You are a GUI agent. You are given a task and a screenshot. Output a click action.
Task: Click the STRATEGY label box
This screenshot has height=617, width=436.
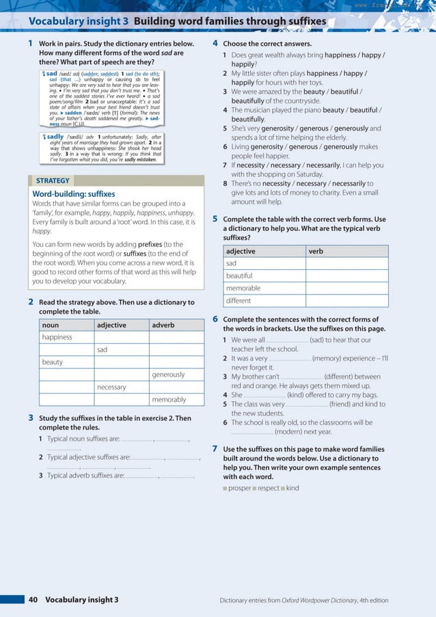point(53,181)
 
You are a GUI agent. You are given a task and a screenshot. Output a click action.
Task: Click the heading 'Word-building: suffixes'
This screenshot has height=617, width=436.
point(74,194)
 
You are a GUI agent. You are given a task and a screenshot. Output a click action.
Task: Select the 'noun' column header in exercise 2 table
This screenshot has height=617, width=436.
point(51,325)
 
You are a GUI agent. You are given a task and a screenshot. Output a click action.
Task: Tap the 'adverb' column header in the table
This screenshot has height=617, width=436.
point(163,325)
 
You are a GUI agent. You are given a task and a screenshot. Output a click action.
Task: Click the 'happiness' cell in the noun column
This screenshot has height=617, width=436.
point(57,338)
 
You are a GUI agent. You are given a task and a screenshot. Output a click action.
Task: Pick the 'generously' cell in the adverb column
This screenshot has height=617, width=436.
point(168,374)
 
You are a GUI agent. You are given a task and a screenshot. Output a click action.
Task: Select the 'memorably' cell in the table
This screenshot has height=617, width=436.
point(168,400)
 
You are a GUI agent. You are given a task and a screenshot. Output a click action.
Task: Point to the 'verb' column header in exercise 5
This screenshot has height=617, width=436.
point(316,251)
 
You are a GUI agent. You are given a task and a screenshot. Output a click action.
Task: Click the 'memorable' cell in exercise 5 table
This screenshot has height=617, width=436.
point(243,288)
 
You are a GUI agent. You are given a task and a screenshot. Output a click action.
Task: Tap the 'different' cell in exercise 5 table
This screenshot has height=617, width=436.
point(239,301)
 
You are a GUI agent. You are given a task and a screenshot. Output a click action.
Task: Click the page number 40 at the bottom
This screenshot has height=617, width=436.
point(33,600)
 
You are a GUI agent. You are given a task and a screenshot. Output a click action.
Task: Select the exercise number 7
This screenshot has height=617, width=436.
point(215,448)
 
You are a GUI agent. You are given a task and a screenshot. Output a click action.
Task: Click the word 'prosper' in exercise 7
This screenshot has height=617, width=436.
point(239,489)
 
